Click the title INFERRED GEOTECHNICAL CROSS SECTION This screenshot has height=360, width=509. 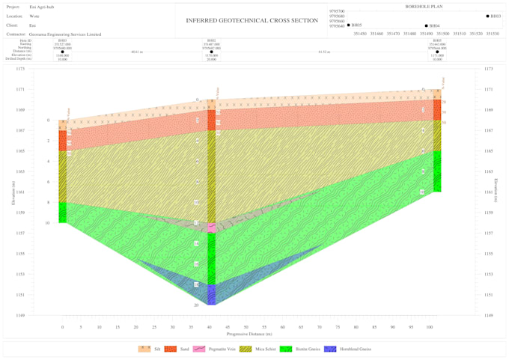(x=252, y=20)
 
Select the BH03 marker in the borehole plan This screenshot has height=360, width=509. (x=487, y=16)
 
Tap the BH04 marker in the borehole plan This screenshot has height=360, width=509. (x=426, y=25)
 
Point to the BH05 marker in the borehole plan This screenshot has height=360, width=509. (x=348, y=25)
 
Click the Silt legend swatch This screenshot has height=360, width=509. (x=144, y=349)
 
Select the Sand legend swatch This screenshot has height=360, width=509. (x=171, y=349)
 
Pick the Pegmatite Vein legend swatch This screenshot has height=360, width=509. (x=199, y=349)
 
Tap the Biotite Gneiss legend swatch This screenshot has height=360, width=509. (x=285, y=349)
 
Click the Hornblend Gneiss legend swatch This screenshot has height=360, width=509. (x=330, y=349)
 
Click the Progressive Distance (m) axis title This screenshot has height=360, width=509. (x=248, y=334)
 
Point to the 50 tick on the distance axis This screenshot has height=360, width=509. (x=246, y=327)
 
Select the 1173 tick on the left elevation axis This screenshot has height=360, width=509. (x=20, y=69)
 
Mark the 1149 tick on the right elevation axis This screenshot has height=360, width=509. (x=489, y=315)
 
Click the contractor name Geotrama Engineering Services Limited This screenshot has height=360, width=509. (x=64, y=34)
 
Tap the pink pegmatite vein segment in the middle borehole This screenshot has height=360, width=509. (x=212, y=228)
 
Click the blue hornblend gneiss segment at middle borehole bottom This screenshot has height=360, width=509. (x=212, y=294)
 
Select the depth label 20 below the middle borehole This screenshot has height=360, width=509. (x=197, y=305)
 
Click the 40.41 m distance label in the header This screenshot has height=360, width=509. (x=136, y=52)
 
